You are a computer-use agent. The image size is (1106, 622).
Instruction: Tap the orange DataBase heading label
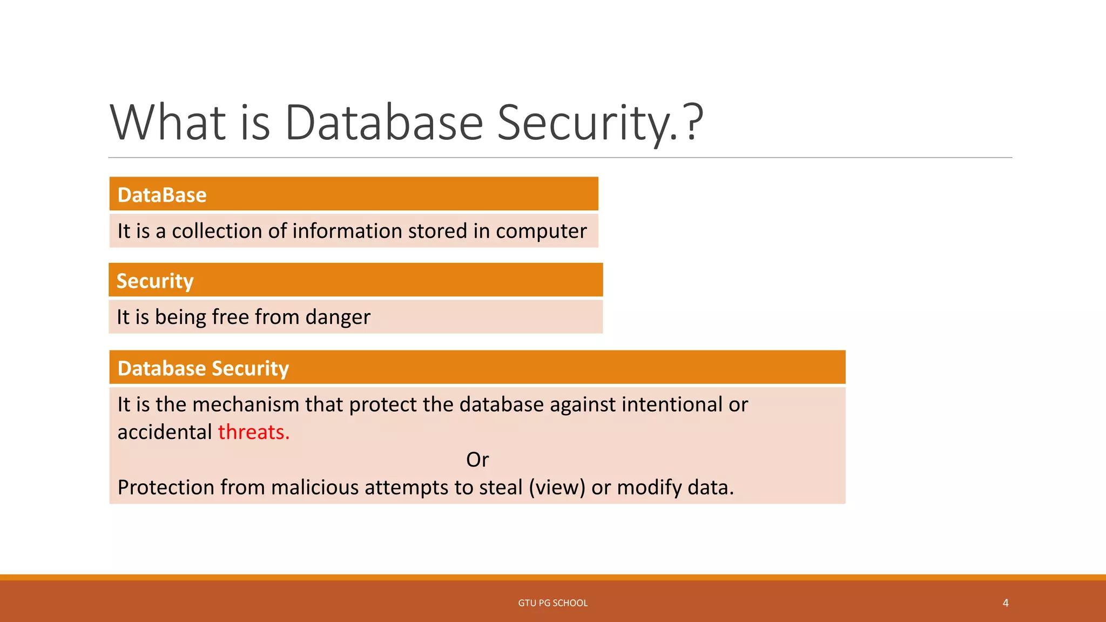click(x=162, y=195)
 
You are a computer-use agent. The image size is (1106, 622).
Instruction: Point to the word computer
click(x=541, y=232)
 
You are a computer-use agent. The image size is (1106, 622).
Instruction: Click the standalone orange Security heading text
click(x=155, y=281)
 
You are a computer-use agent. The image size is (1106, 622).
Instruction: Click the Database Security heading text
click(x=203, y=368)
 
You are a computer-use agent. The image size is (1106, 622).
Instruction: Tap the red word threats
click(x=253, y=432)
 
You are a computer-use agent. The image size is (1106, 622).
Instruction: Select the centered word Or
click(x=477, y=459)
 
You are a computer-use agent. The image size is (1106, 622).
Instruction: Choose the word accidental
click(x=165, y=432)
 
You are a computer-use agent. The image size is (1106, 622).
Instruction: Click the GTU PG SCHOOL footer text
click(x=553, y=603)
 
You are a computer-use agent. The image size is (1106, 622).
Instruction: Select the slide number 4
click(x=1006, y=603)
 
